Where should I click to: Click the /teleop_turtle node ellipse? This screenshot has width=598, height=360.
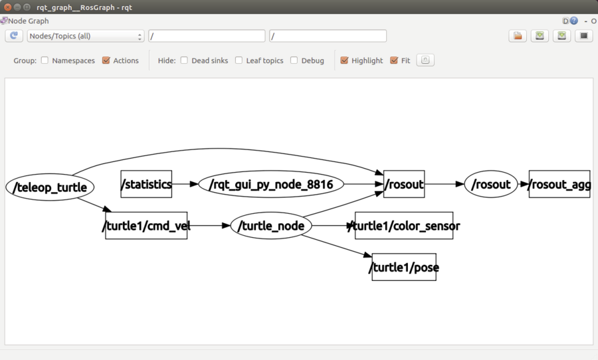50,187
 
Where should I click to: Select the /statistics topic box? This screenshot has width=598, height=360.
146,184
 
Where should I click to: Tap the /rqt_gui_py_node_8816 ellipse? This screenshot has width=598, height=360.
271,184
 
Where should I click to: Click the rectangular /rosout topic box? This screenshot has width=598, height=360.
404,184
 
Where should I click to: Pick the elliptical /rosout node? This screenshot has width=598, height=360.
491,184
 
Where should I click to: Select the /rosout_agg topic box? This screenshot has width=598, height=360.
559,184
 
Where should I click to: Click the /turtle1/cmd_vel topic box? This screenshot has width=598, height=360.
146,225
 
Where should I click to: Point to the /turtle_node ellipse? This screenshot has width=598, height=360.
271,225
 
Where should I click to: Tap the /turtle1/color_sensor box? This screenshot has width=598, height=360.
404,225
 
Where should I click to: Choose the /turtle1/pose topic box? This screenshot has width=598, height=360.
404,267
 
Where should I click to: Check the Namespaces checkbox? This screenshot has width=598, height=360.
45,60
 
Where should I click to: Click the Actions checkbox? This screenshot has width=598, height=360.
106,60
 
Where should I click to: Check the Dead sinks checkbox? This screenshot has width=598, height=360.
184,60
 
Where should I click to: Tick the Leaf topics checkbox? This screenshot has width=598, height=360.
239,60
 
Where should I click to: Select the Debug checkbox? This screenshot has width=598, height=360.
294,60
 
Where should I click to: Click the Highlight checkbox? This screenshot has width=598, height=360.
344,60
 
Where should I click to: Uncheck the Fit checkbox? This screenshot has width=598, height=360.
394,60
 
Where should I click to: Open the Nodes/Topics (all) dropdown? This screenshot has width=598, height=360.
86,36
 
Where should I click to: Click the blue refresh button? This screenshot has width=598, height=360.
14,36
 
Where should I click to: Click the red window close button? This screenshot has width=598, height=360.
7,7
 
